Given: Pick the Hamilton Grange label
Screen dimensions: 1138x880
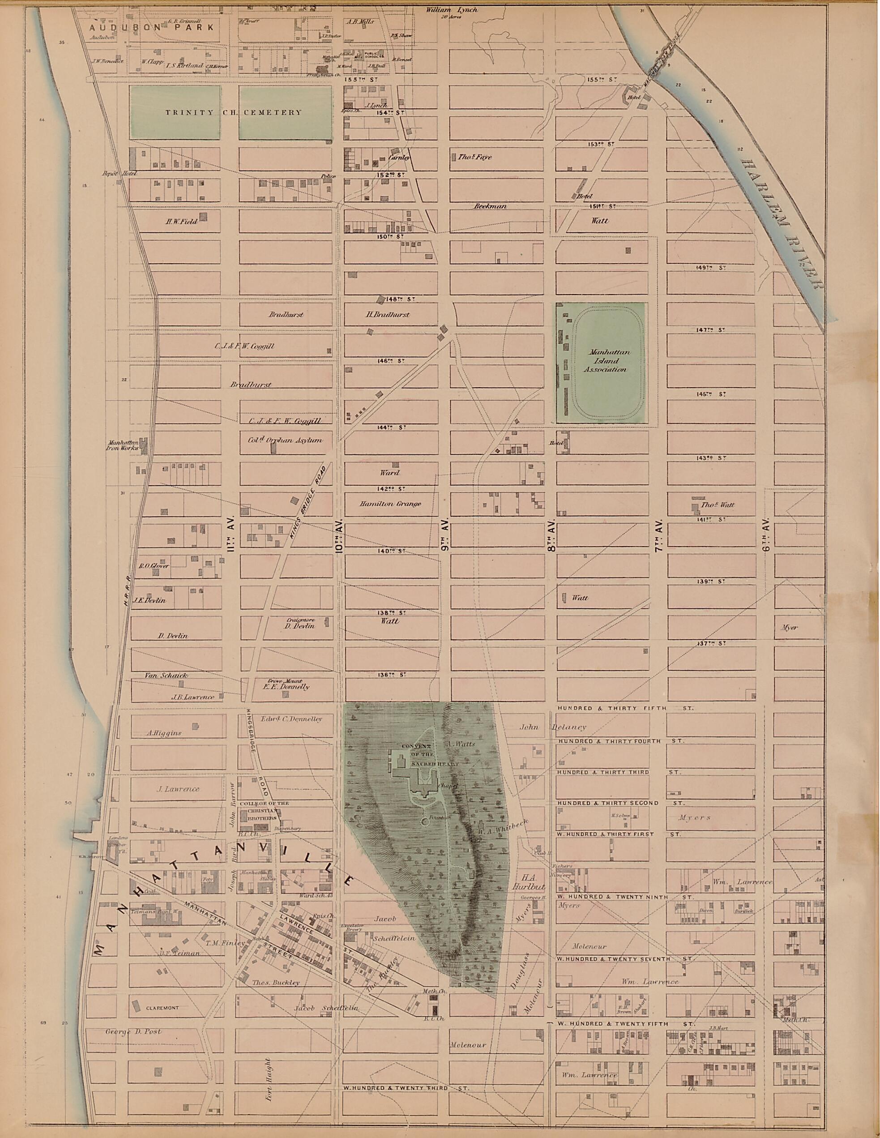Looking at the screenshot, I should click(390, 504).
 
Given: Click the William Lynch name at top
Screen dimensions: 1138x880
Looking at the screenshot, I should click(451, 10).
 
